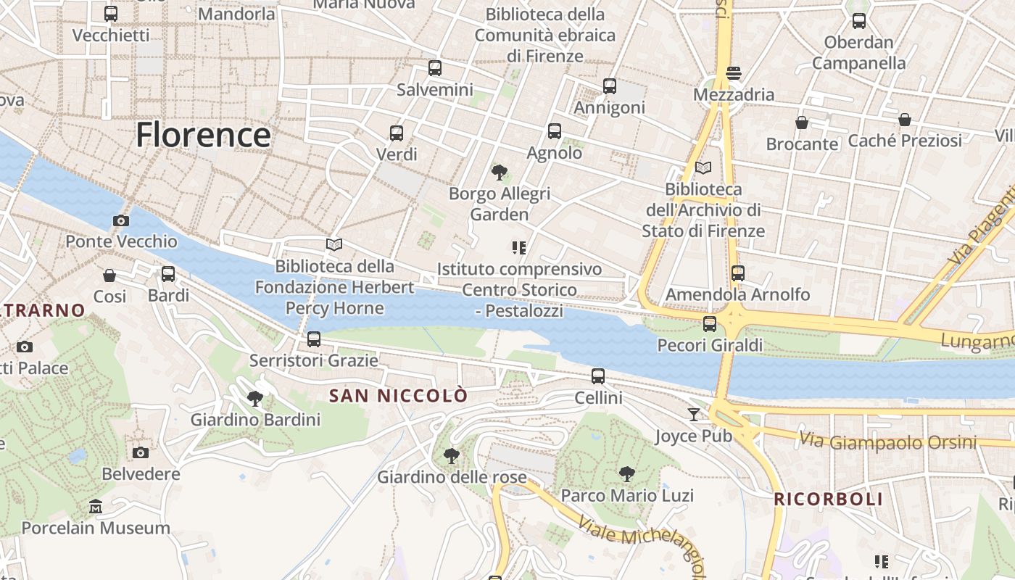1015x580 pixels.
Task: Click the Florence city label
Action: pos(203,135)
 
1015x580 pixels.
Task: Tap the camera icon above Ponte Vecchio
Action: pos(121,220)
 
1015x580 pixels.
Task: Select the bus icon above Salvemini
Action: pos(435,68)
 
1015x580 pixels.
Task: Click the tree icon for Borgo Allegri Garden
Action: pos(499,173)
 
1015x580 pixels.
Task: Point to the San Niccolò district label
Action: pos(399,396)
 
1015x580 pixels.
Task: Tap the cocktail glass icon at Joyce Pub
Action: pos(694,414)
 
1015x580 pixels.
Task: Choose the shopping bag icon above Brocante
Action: pos(802,123)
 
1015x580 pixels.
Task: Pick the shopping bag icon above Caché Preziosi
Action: pos(905,119)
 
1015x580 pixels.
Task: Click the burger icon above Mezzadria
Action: pos(734,72)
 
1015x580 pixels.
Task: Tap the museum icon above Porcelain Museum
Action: pos(95,506)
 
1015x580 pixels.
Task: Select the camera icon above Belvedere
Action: pos(141,452)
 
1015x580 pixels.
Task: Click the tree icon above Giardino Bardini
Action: pos(254,398)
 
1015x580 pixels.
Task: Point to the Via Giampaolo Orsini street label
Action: pos(887,441)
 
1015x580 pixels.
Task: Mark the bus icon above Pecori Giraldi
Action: pos(710,323)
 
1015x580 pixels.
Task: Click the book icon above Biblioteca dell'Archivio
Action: pos(703,167)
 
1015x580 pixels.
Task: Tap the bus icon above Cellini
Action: pos(598,376)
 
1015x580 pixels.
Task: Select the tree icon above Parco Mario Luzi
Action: pos(627,474)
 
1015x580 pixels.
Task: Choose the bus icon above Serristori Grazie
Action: pos(314,339)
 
